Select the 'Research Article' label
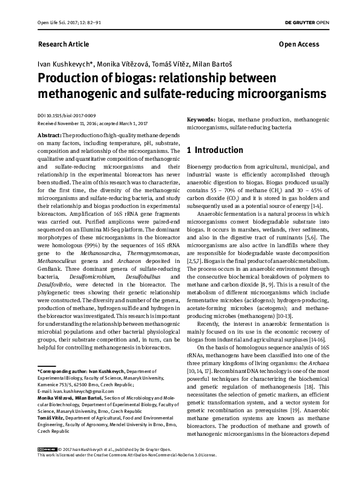64,44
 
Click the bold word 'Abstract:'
49,135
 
